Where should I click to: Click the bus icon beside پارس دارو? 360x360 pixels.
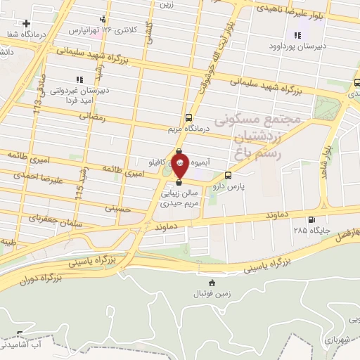(x=228, y=176)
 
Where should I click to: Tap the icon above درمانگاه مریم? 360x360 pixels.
(x=188, y=117)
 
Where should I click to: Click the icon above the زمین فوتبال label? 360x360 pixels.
(x=212, y=283)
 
